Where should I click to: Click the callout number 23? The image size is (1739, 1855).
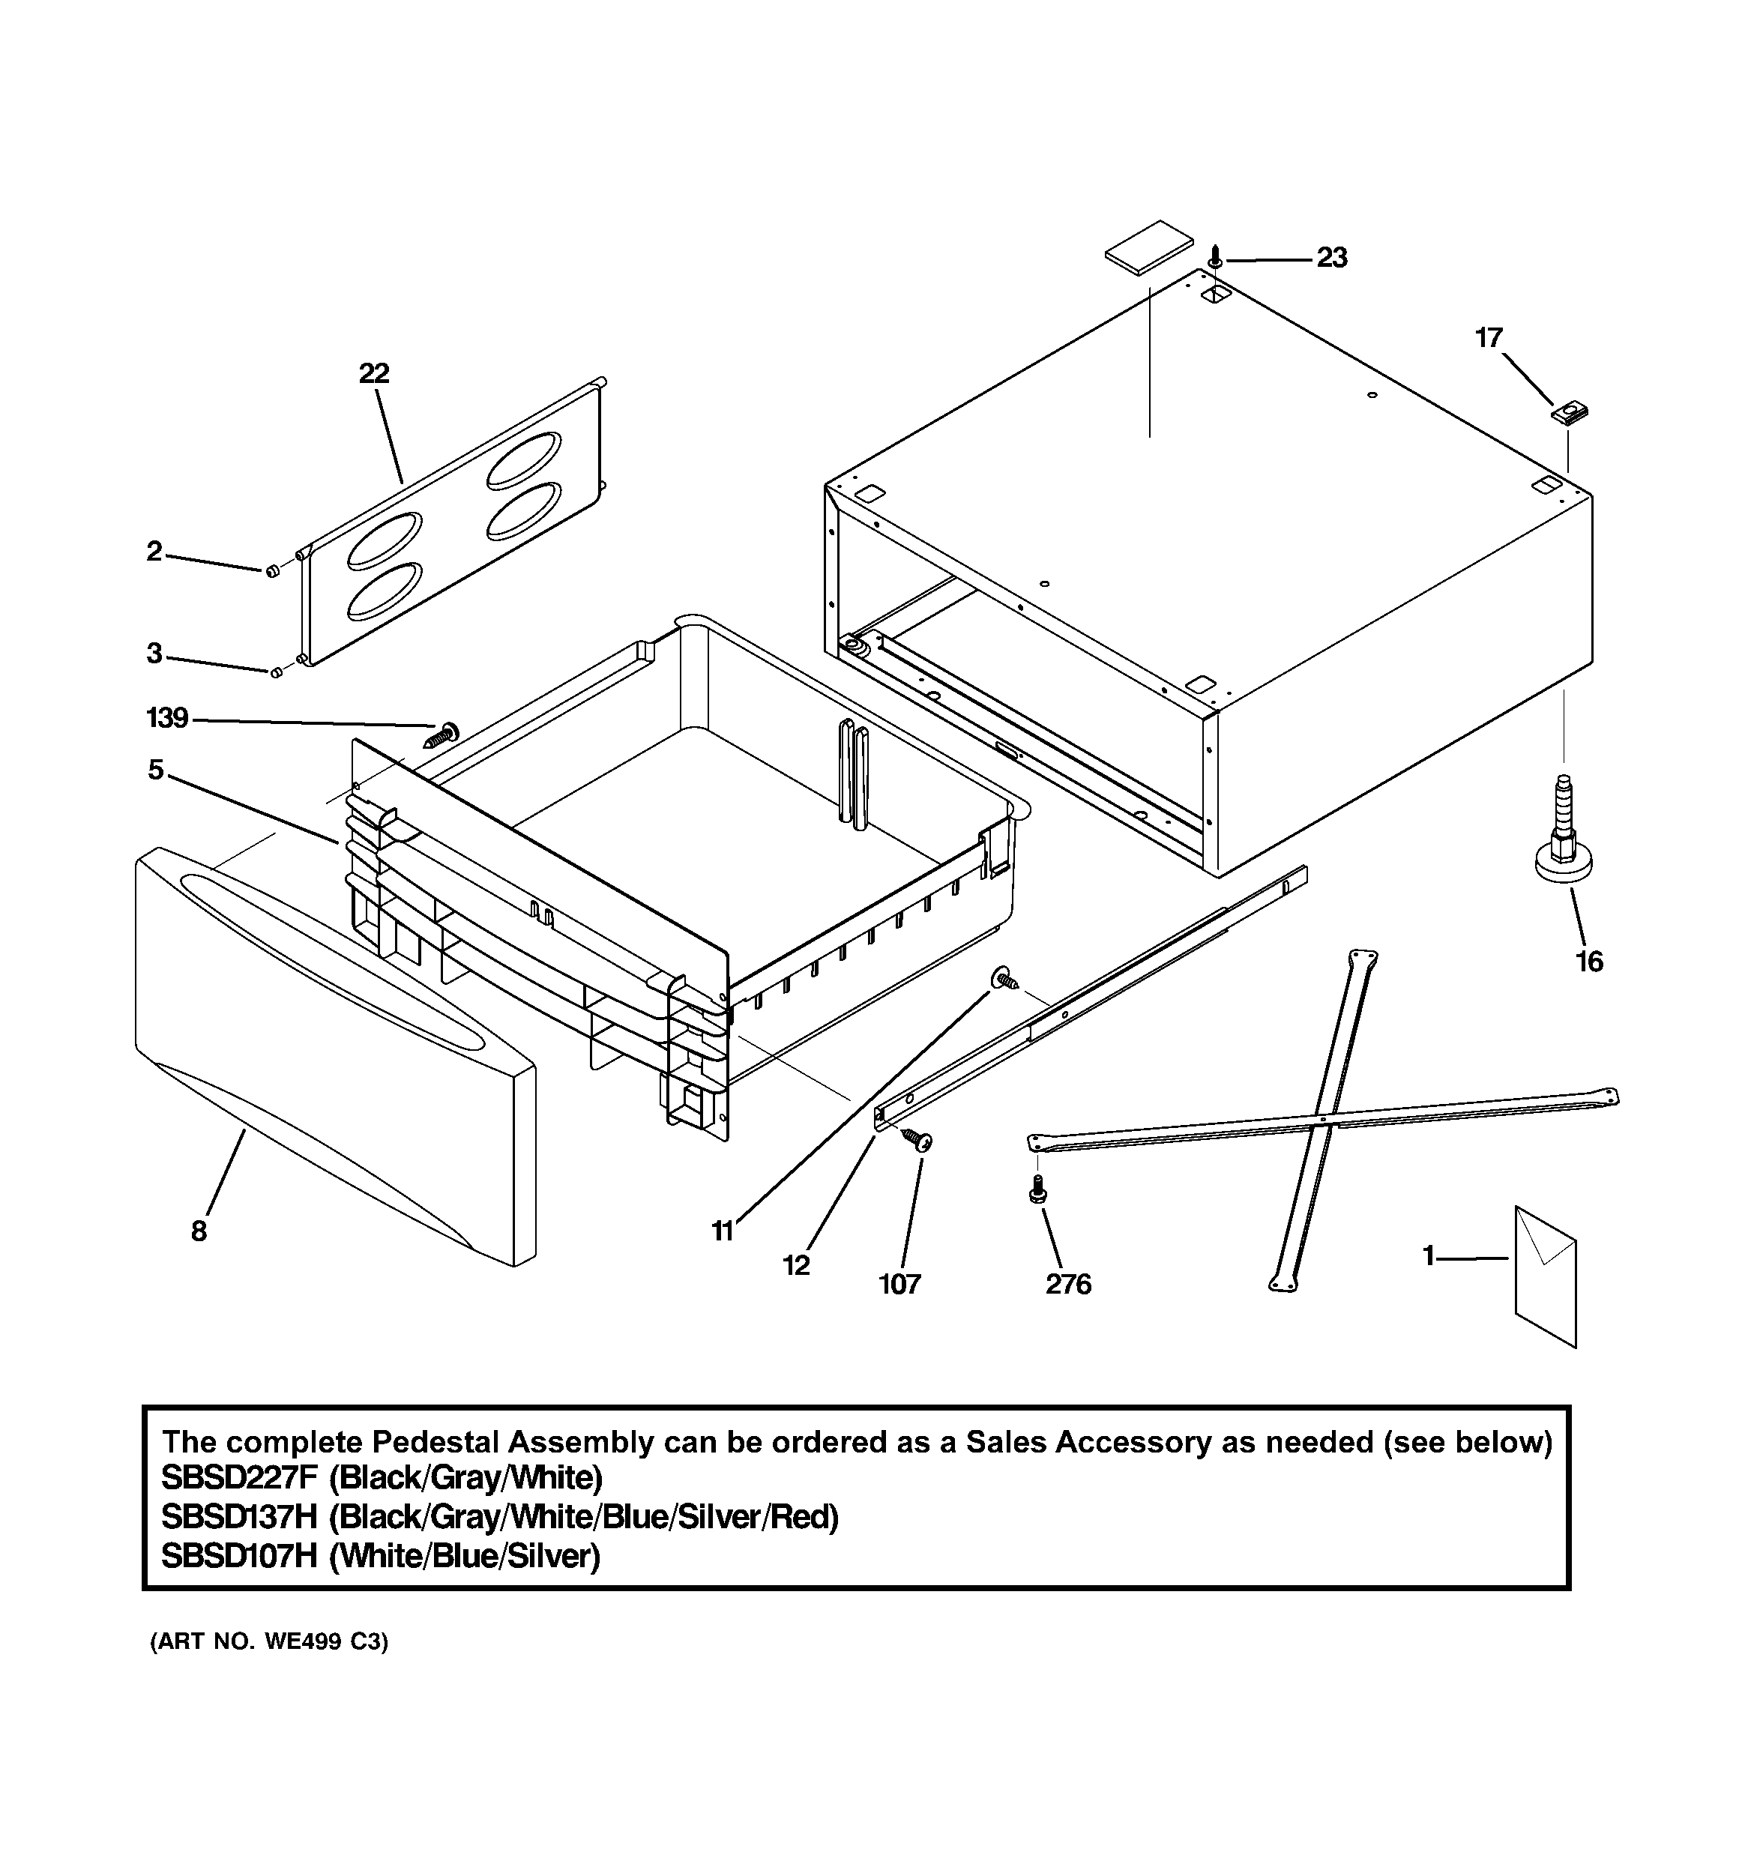click(1331, 258)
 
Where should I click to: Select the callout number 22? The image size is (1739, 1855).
click(373, 373)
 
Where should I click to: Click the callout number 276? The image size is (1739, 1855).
click(1068, 1285)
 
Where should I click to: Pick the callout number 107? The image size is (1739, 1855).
click(899, 1285)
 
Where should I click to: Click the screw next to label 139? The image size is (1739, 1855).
click(441, 734)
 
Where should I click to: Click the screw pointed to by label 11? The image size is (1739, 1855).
click(1005, 978)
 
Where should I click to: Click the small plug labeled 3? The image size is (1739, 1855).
click(277, 672)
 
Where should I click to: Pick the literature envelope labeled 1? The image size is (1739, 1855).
click(1545, 1276)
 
